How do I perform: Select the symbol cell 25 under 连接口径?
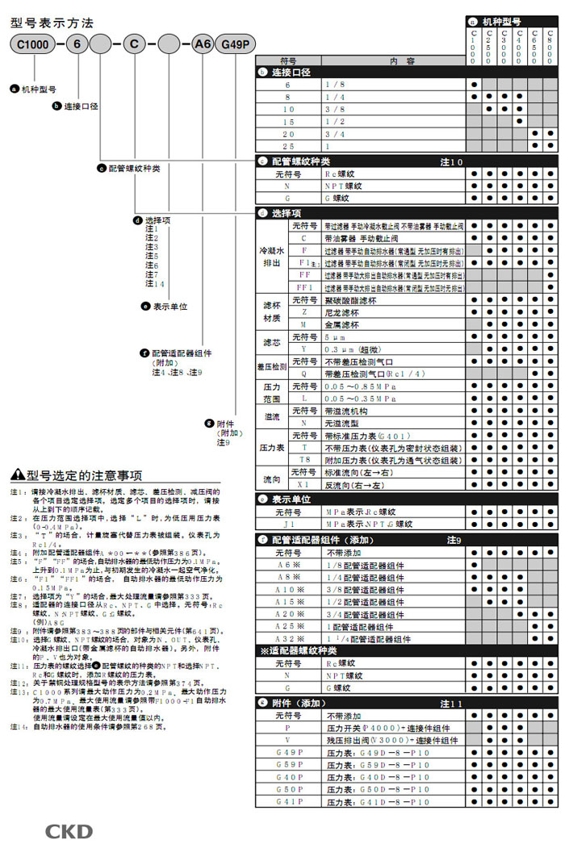click(289, 147)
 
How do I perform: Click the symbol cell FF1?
click(304, 286)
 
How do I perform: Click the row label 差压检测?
click(273, 367)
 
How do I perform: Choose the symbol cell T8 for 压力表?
click(304, 460)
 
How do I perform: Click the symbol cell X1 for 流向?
click(304, 484)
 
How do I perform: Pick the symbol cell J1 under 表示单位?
click(289, 524)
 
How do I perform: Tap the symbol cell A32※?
click(289, 639)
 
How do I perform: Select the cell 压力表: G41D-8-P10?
click(379, 801)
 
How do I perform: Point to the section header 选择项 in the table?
click(287, 213)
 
